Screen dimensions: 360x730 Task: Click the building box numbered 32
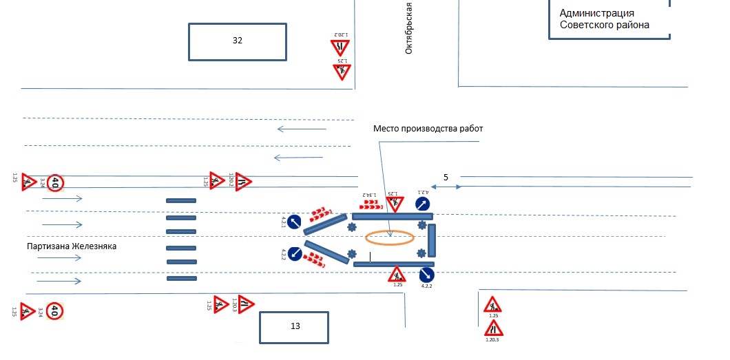(x=238, y=41)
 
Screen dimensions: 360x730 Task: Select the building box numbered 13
(x=294, y=327)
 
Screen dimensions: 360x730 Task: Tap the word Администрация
(x=597, y=13)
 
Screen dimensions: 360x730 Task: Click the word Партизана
(x=48, y=246)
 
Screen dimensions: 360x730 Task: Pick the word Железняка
(x=95, y=246)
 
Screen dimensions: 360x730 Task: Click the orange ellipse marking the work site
(x=390, y=237)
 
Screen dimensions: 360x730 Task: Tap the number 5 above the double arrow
(x=446, y=178)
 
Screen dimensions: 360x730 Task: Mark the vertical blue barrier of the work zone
(x=432, y=240)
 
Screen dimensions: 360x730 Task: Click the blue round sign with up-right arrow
(x=423, y=204)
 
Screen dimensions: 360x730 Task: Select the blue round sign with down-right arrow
(x=427, y=275)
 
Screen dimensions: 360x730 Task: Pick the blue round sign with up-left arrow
(x=294, y=222)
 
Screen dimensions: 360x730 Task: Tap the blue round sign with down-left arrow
(x=295, y=253)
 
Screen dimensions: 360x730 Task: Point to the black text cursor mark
(x=370, y=257)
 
